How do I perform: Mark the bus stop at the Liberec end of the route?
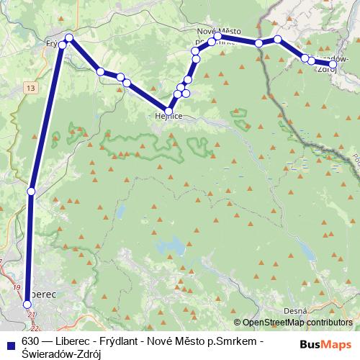(27, 304)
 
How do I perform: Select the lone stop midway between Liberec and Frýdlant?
(30, 191)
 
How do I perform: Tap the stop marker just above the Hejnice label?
(168, 111)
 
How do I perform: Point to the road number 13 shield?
(30, 87)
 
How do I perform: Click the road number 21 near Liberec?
(30, 315)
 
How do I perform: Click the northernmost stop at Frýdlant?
(69, 37)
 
